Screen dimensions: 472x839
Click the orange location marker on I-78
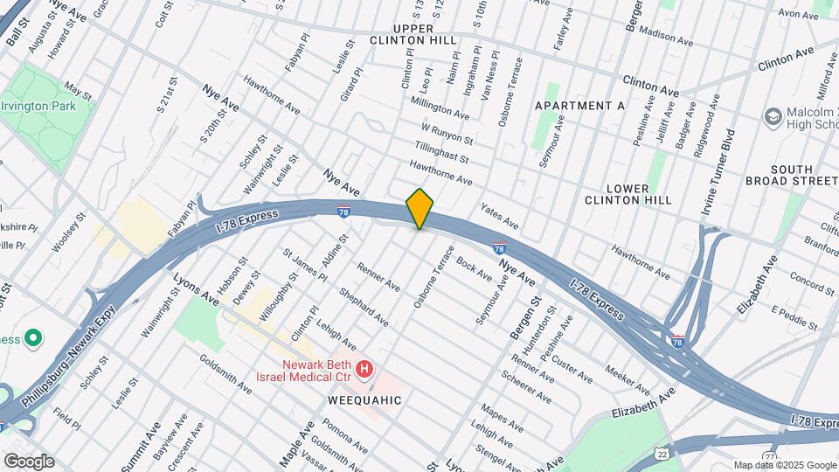coord(420,208)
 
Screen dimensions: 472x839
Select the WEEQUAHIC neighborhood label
coord(364,399)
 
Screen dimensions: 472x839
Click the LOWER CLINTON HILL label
coord(628,194)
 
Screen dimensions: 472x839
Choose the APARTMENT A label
coord(579,106)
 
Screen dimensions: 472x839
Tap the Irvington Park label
coord(49,106)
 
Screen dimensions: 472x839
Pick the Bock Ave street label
coord(475,267)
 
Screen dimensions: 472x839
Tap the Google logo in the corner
coord(29,461)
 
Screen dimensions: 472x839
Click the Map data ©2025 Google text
coord(784,465)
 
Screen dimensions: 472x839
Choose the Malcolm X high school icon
coord(773,116)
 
